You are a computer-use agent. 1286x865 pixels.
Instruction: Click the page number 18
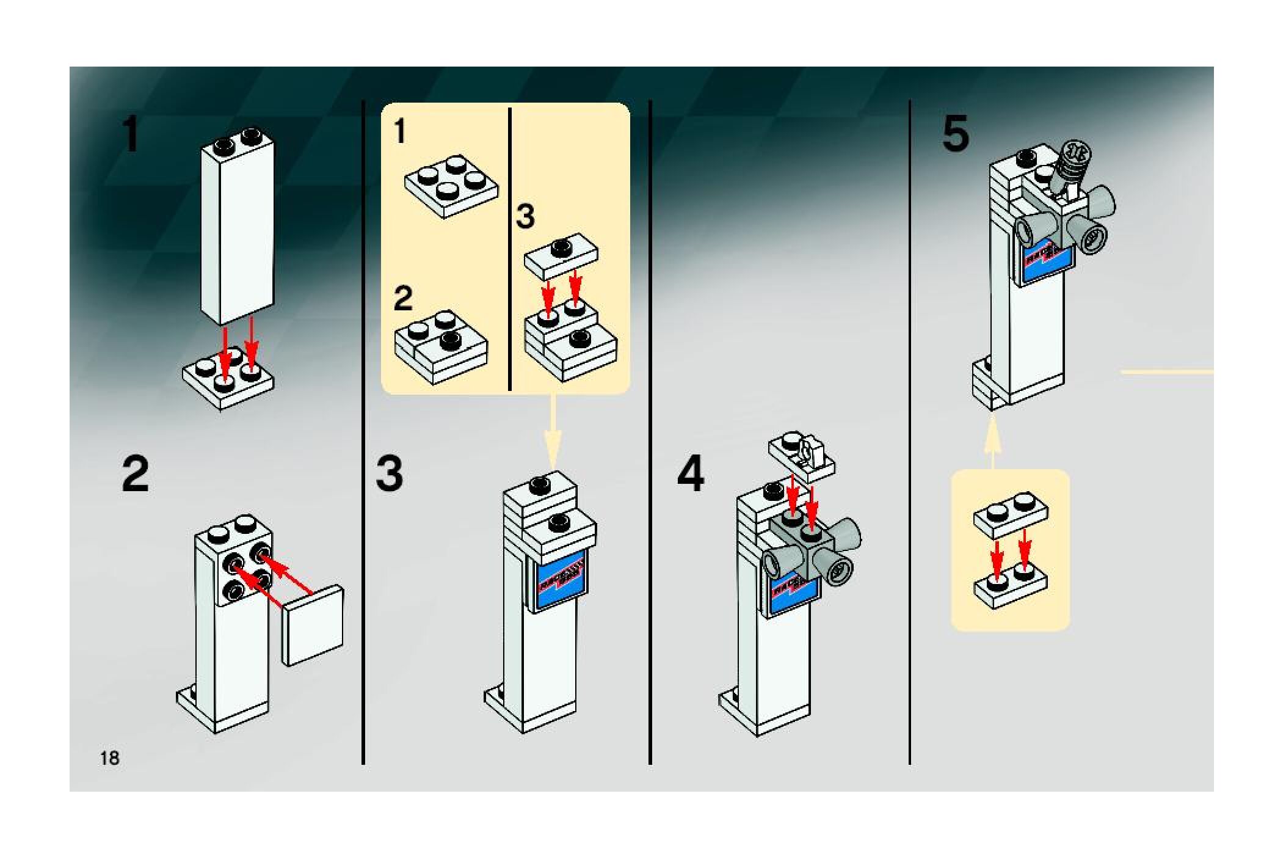[110, 758]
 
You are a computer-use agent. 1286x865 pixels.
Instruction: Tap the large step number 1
[131, 135]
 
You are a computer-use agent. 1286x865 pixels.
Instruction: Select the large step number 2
[135, 475]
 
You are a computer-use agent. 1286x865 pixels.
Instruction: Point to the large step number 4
[690, 475]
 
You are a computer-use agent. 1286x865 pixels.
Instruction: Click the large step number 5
[955, 135]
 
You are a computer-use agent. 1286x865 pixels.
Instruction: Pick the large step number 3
[389, 475]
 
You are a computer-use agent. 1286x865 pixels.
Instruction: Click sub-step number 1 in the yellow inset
[400, 132]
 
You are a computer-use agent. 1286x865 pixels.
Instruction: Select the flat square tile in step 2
[312, 625]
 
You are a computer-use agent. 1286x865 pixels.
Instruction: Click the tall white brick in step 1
[237, 232]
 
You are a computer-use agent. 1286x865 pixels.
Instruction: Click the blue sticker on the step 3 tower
[560, 580]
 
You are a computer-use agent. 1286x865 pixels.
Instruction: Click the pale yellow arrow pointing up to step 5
[992, 440]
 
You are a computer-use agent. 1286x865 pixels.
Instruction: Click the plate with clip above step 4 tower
[801, 455]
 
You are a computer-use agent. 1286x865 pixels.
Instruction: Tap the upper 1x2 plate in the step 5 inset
[1010, 516]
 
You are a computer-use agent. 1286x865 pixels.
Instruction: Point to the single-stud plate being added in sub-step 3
[561, 255]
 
